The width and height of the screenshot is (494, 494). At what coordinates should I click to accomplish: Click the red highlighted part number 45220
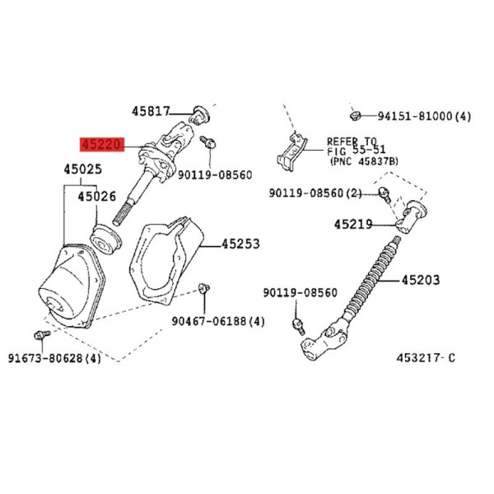pos(102,144)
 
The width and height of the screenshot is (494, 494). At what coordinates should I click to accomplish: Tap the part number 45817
pos(151,111)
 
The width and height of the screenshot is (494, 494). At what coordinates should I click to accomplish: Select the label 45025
pos(83,169)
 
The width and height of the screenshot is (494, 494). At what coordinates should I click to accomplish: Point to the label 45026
pos(96,197)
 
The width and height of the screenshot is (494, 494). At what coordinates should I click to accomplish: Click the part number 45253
pos(240,244)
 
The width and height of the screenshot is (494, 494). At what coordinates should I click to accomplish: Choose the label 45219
pos(353,225)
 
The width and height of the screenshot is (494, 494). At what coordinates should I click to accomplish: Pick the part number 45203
pos(421,280)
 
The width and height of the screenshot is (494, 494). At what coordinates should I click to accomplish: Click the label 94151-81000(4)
pos(424,117)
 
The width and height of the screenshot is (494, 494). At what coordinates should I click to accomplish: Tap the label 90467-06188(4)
pos(218,321)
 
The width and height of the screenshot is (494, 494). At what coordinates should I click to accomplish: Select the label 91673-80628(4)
pos(54,358)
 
